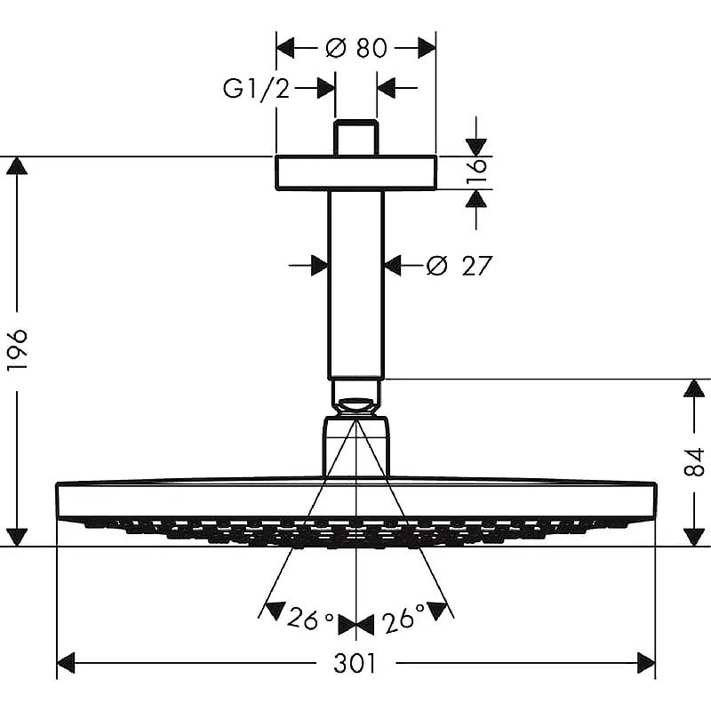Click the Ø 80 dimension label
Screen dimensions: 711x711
click(356, 48)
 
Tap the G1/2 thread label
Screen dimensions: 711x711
click(256, 88)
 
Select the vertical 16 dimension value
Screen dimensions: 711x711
click(477, 170)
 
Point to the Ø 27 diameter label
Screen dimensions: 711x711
click(459, 266)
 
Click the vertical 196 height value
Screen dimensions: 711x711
click(18, 349)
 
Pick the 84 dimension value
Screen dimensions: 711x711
click(694, 462)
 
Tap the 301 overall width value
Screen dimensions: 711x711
click(355, 663)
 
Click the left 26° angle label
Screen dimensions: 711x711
click(310, 618)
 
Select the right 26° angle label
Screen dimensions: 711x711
click(404, 618)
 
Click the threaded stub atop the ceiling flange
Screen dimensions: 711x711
click(356, 138)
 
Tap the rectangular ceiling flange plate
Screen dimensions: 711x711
click(356, 172)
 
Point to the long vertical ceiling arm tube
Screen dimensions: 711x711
click(356, 284)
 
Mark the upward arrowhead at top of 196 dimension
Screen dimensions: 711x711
click(17, 165)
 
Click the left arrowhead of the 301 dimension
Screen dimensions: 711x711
click(66, 663)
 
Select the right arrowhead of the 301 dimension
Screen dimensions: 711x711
click(646, 663)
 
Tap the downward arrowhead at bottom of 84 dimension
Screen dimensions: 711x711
click(694, 537)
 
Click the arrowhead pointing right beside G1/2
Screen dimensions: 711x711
click(326, 87)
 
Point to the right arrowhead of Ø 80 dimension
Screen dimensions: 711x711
click(427, 48)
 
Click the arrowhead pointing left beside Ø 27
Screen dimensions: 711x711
click(393, 265)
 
